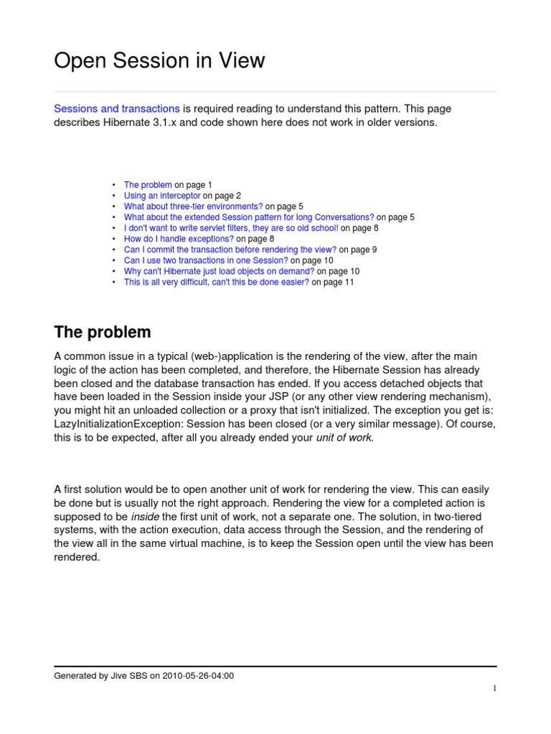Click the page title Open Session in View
[x=159, y=62]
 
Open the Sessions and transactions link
[x=117, y=109]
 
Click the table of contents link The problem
[x=148, y=185]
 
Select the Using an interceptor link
[x=162, y=196]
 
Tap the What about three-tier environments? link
[x=193, y=206]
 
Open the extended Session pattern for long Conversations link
[x=249, y=217]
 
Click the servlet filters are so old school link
[x=231, y=228]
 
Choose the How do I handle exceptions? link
[x=179, y=239]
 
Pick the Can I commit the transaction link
[x=230, y=249]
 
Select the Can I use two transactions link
[x=207, y=260]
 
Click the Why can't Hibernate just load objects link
[x=219, y=271]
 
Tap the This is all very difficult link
[x=217, y=282]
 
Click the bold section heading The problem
[x=103, y=333]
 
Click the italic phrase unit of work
[x=344, y=438]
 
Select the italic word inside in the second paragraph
[x=144, y=517]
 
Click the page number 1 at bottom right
[x=494, y=689]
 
